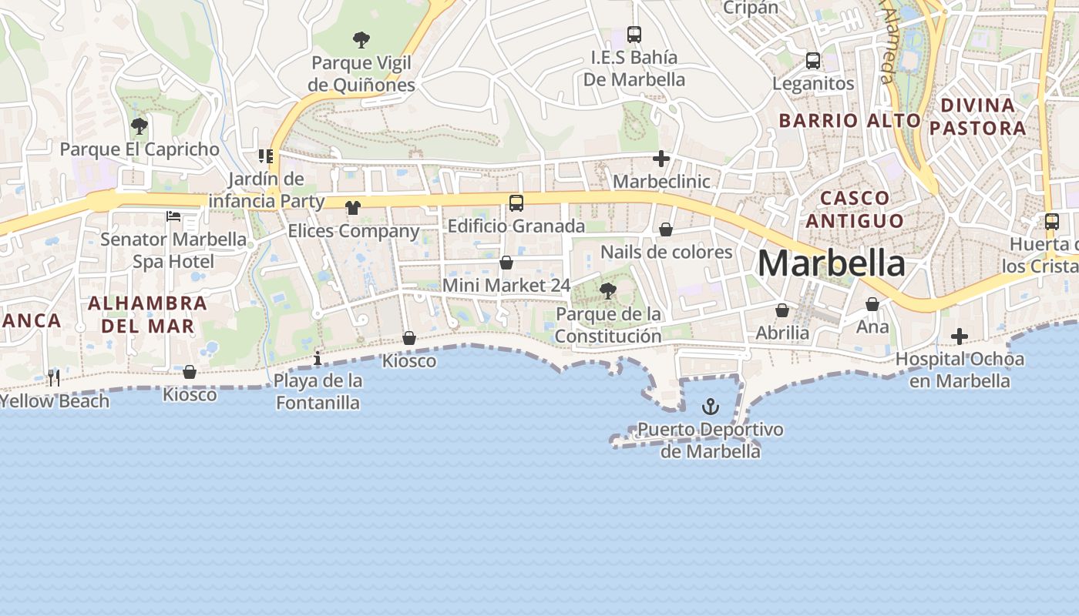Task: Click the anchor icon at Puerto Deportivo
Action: coord(710,407)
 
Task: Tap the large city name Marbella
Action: coord(832,263)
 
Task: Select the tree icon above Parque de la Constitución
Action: coord(607,290)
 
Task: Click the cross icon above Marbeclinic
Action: coord(661,159)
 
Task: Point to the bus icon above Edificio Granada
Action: coord(516,203)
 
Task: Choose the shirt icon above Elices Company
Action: coord(353,207)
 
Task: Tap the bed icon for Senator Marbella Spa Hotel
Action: coord(173,216)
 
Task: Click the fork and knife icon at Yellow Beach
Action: coord(53,377)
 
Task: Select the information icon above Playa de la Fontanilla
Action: coord(318,358)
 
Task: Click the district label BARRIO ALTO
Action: coord(849,120)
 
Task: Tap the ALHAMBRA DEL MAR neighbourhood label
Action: coord(147,314)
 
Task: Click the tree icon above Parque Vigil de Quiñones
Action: coord(360,39)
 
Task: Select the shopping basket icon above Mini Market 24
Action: coord(506,263)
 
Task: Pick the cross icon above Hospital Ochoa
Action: coord(959,336)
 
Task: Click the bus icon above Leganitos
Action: coord(812,61)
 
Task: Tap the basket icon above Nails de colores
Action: coord(666,229)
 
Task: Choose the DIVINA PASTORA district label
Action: coord(977,116)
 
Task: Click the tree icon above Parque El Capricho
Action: coord(139,126)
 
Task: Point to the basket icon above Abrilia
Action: coord(782,310)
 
